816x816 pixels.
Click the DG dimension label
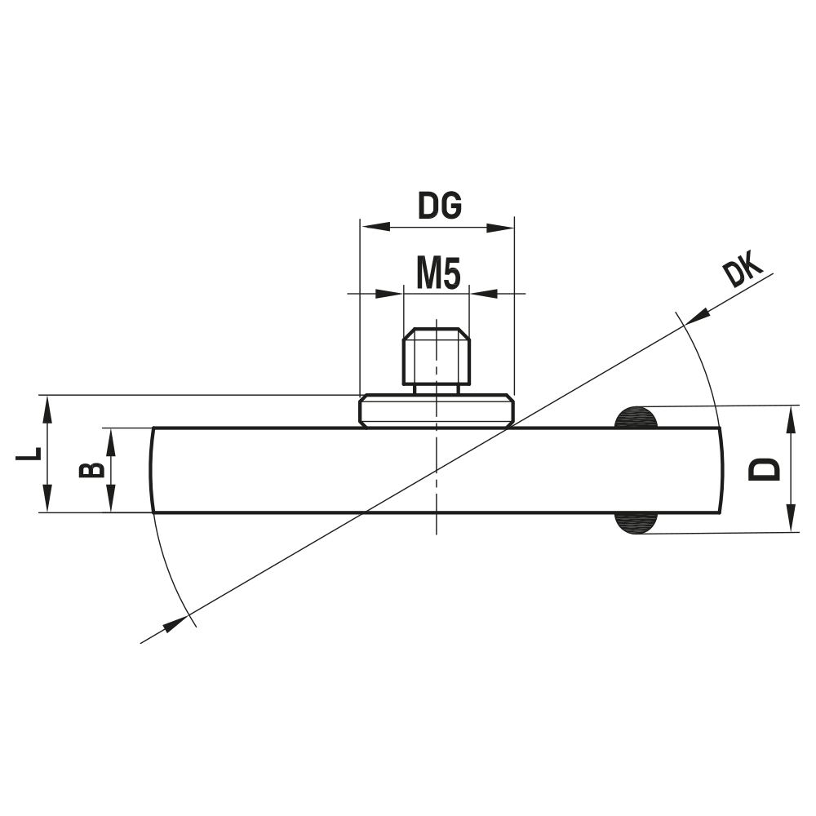coord(440,207)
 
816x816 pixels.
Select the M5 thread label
coord(438,274)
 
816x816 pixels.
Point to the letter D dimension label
coord(764,468)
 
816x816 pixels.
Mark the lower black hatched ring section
coord(636,523)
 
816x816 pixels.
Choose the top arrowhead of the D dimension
coord(791,416)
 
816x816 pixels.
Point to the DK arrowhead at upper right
coord(698,315)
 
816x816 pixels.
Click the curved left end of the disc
coord(153,470)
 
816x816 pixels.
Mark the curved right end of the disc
coord(721,470)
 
